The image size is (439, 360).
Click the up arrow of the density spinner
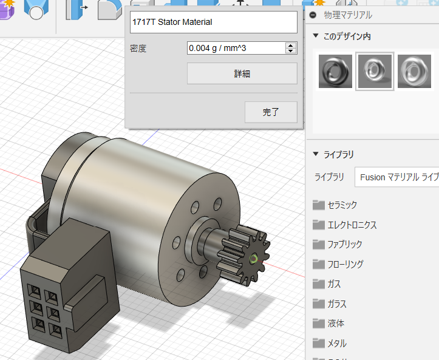pos(291,46)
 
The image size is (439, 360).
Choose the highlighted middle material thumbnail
pos(375,71)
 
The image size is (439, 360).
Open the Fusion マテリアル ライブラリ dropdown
pos(398,177)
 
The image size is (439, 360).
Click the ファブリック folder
pos(344,245)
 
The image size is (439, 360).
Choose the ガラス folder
pos(336,304)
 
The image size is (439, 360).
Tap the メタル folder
pos(336,343)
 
